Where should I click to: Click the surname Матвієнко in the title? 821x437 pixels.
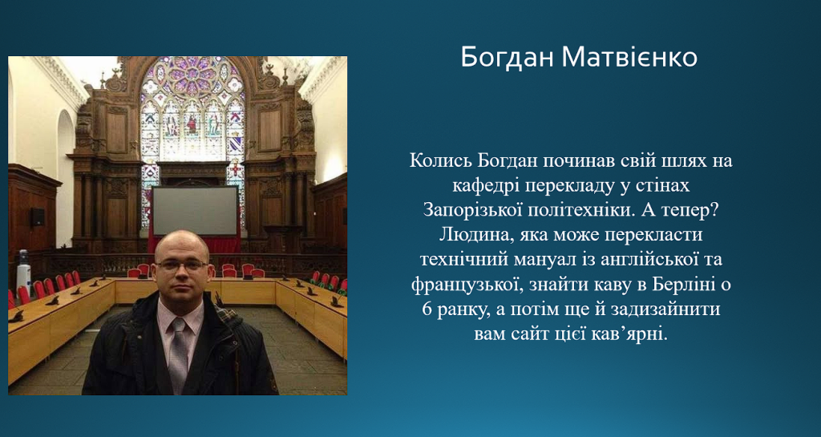629,58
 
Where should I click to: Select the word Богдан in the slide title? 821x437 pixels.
507,58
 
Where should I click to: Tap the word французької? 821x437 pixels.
466,285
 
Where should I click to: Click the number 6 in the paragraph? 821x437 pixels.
427,310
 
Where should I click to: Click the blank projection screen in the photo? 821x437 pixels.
195,210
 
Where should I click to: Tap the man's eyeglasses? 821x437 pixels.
180,265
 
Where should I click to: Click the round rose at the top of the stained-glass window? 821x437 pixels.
192,73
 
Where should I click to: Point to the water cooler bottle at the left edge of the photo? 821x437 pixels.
23,271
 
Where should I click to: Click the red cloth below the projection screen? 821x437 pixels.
195,244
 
